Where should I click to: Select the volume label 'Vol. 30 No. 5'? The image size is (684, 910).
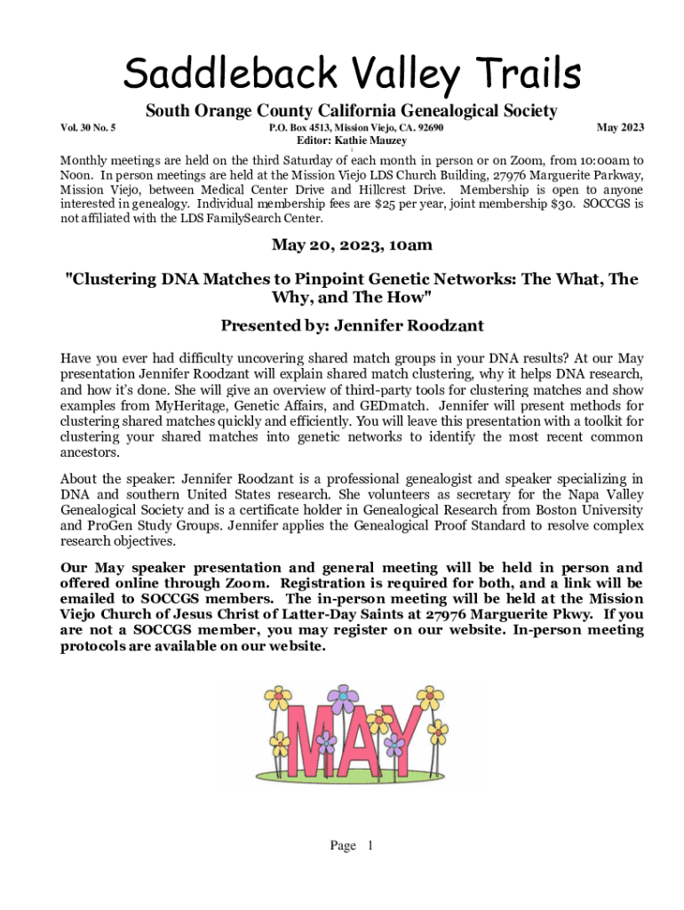click(x=88, y=129)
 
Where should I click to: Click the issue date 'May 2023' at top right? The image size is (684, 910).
click(x=620, y=129)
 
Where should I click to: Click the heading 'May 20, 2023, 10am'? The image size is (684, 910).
click(x=352, y=245)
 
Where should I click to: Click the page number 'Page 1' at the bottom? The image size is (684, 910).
click(x=352, y=845)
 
